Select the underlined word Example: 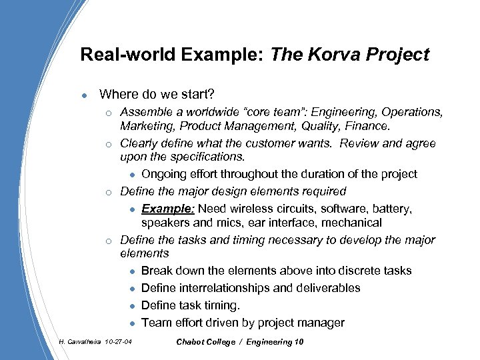pyautogui.click(x=167, y=209)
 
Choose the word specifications pyautogui.click(x=207, y=157)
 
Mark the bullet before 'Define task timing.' pyautogui.click(x=133, y=306)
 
